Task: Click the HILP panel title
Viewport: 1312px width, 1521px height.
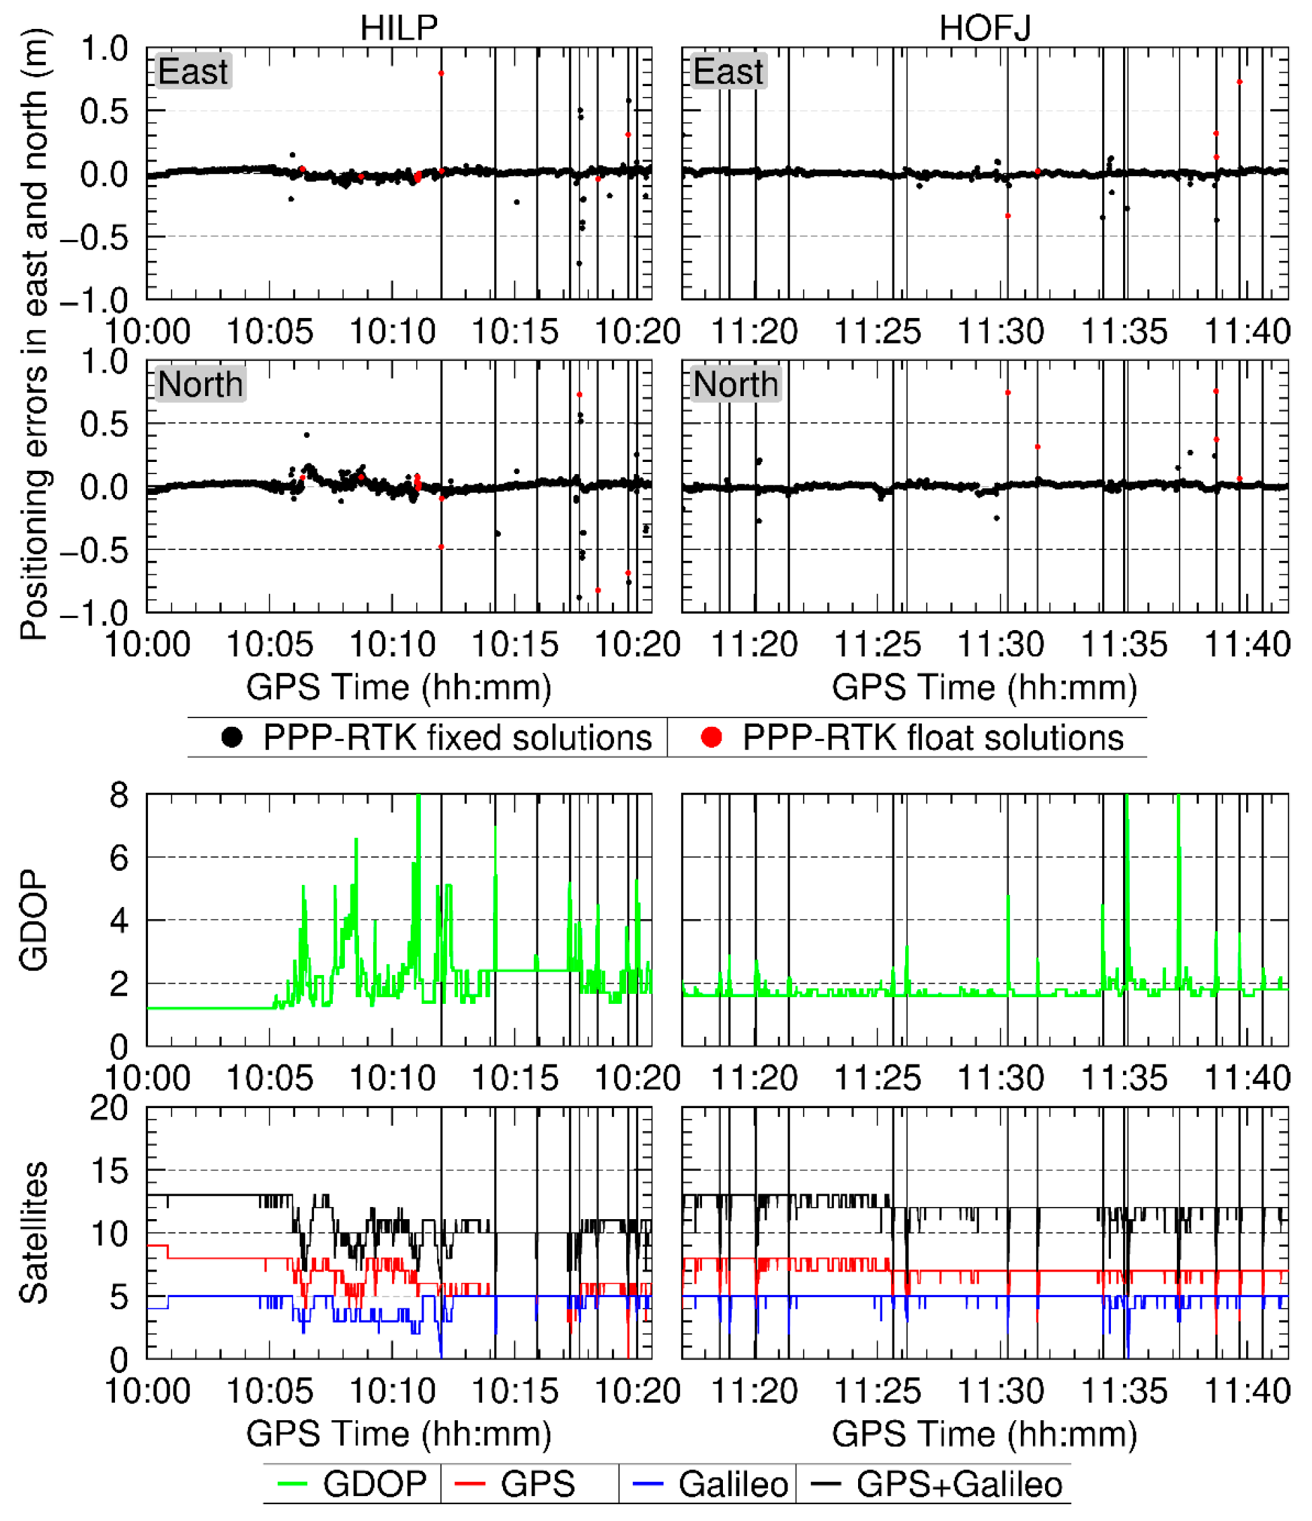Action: click(399, 28)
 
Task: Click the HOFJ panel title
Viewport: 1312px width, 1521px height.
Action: click(985, 28)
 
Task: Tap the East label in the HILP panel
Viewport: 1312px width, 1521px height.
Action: click(193, 71)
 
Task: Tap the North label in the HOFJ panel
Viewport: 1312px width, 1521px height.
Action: click(735, 384)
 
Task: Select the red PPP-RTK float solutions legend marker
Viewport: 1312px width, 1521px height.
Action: click(711, 737)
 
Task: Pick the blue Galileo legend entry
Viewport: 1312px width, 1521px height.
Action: click(711, 1483)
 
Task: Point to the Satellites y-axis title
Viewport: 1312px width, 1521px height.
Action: click(33, 1233)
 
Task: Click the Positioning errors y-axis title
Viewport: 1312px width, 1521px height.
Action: click(33, 334)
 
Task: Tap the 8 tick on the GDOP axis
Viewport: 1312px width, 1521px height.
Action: click(119, 795)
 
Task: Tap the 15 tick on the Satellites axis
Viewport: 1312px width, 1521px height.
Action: click(109, 1171)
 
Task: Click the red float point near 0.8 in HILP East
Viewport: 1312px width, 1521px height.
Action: click(441, 73)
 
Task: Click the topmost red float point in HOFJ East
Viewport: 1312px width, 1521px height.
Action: click(1239, 82)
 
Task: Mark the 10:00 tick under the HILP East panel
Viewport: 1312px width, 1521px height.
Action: click(147, 331)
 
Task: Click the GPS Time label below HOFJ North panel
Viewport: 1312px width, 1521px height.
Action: click(985, 688)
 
